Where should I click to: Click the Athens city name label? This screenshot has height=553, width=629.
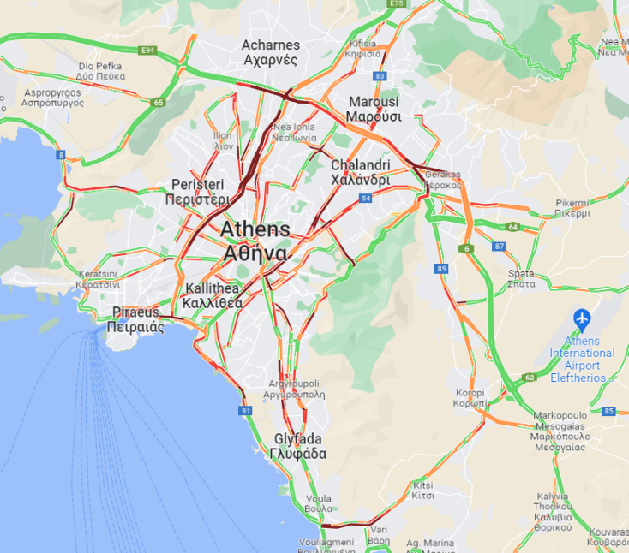(255, 241)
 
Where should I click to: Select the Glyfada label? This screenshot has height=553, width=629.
(298, 446)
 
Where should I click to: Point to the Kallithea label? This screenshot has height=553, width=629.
(213, 296)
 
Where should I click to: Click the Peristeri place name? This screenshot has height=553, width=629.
(197, 192)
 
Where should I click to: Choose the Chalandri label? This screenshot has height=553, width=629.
(361, 172)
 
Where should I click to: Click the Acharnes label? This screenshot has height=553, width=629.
(270, 52)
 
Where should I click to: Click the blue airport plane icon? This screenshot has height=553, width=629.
(583, 319)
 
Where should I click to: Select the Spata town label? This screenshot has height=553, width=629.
(521, 278)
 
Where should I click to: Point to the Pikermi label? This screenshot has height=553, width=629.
(572, 208)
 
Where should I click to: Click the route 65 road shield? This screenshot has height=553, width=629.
(159, 103)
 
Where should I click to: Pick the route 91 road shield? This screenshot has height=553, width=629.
(246, 411)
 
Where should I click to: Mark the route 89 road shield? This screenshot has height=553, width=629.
(441, 269)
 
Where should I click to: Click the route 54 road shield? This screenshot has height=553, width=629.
(365, 199)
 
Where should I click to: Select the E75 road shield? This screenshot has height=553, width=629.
(396, 4)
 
